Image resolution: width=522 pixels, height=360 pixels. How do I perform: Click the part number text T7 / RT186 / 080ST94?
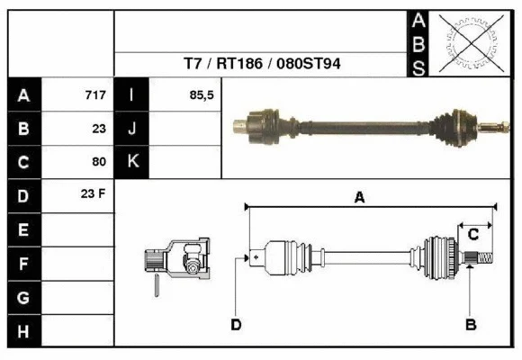[262, 64]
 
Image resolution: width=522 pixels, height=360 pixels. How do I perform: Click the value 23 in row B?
[99, 129]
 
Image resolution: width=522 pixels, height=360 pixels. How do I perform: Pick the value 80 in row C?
[99, 162]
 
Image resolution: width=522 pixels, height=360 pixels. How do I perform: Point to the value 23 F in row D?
[94, 195]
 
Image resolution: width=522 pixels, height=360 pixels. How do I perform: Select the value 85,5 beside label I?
[202, 95]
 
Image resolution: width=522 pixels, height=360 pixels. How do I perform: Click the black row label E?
[23, 229]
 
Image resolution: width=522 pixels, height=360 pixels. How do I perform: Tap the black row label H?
[23, 331]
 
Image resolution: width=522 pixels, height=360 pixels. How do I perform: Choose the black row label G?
[23, 297]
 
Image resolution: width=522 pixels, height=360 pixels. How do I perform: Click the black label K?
[132, 162]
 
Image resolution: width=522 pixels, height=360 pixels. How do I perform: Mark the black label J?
[132, 129]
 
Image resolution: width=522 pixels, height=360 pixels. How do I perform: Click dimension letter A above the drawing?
[359, 198]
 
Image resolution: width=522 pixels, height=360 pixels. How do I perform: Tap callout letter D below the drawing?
[236, 324]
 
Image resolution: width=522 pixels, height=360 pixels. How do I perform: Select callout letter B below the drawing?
[470, 324]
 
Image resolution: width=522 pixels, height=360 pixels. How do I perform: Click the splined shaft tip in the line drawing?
[481, 259]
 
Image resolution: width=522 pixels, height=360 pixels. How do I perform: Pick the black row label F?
[23, 264]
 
